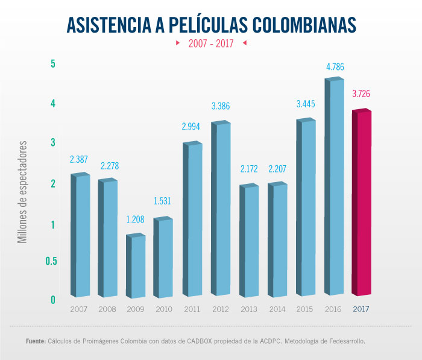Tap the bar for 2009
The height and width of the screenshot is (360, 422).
point(136,267)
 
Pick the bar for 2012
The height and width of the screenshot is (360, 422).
point(221,210)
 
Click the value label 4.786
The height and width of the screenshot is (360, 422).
point(335,67)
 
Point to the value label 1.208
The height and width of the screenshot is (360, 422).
point(136,220)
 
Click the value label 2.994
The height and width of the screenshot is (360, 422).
point(192,127)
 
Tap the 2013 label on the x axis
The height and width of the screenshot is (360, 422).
point(249,309)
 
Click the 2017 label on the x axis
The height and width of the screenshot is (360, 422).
point(362,309)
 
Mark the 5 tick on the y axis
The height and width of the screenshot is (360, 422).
point(53,64)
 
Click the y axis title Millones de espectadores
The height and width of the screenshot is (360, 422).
point(23,192)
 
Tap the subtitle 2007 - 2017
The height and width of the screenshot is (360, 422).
point(211,43)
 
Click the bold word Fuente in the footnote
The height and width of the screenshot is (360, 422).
point(36,341)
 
